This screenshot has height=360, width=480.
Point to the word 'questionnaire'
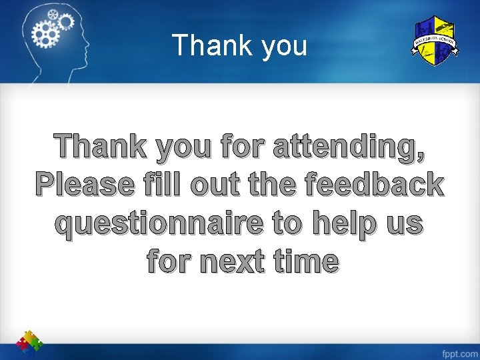[158, 223]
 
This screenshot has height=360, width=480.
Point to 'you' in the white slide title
[284, 47]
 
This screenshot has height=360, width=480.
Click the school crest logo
[434, 41]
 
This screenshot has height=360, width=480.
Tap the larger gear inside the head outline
[47, 31]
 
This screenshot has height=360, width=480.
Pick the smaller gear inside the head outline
[65, 21]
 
